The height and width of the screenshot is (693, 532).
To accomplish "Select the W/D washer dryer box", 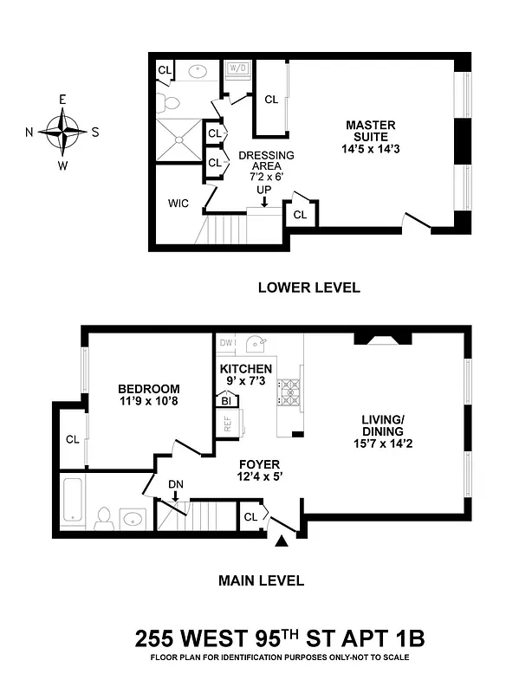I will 237,68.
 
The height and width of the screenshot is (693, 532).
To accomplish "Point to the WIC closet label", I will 178,204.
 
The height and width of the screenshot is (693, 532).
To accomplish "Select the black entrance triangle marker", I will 281,541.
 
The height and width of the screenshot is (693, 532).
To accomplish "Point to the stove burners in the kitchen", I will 288,392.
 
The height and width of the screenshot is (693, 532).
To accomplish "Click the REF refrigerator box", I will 229,424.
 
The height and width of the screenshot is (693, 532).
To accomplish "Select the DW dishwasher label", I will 227,343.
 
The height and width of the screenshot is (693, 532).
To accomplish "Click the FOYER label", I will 259,464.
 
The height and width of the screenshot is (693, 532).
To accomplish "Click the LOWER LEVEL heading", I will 308,288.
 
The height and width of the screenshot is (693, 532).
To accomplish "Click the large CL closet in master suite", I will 270,100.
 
